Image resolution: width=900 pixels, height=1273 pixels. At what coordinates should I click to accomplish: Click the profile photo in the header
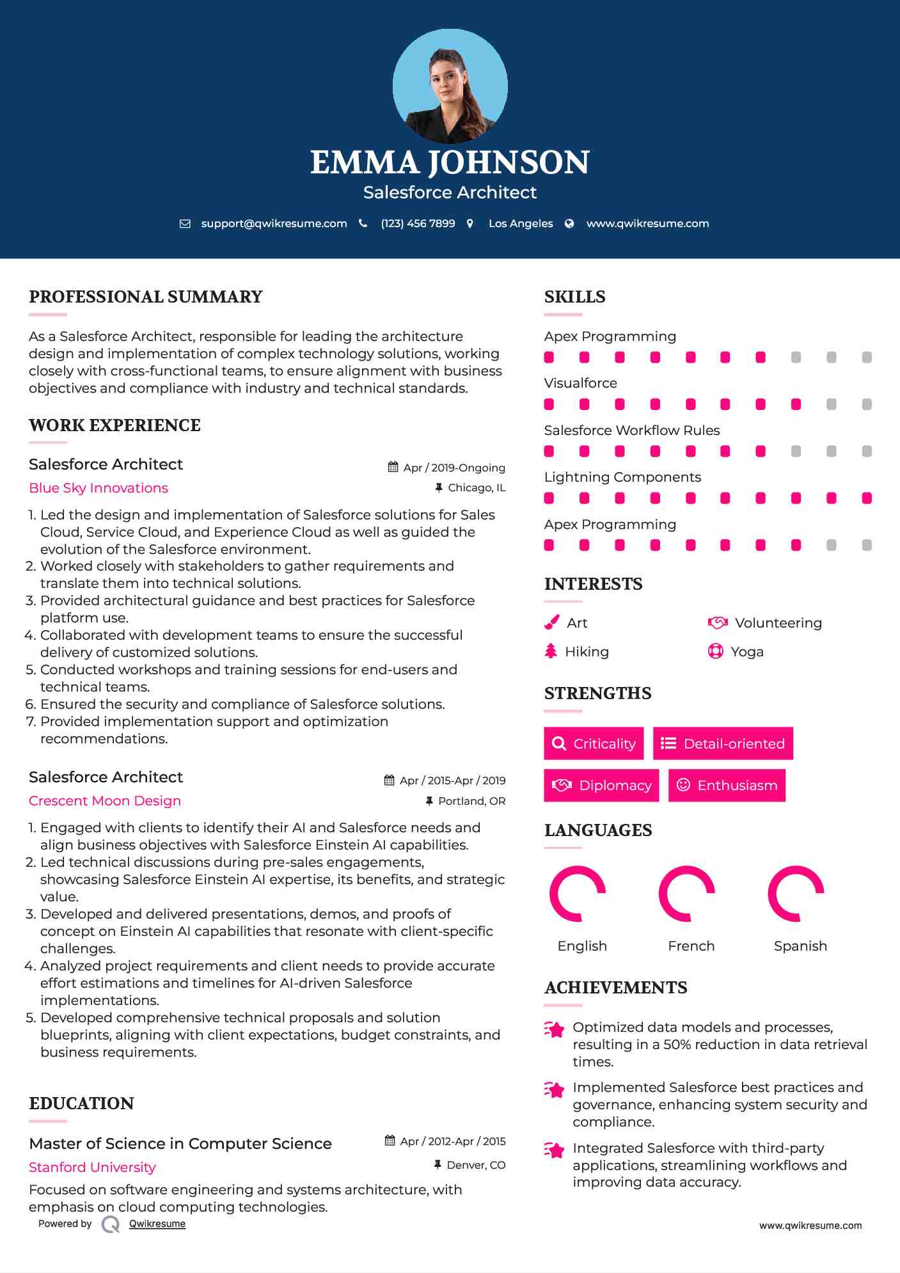pos(450,86)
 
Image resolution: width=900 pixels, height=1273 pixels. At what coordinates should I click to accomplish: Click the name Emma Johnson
pos(450,162)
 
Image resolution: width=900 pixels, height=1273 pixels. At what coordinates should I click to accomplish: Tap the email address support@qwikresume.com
pos(274,224)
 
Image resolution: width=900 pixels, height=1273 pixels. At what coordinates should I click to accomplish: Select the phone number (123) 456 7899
pos(418,224)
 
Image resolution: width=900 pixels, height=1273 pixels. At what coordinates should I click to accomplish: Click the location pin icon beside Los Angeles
pos(470,224)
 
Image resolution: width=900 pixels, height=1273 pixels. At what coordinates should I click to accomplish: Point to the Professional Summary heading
pos(146,297)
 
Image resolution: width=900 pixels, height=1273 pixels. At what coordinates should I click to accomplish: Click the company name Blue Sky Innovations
pos(99,488)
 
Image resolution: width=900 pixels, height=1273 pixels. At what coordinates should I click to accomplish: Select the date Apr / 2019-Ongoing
pos(454,468)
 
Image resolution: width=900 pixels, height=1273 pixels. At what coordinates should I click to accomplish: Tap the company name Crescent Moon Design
pos(105,801)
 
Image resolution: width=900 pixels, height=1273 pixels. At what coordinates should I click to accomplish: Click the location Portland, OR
pos(471,801)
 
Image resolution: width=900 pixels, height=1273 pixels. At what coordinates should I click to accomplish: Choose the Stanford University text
pos(92,1167)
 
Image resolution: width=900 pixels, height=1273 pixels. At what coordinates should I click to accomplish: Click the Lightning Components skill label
pos(622,477)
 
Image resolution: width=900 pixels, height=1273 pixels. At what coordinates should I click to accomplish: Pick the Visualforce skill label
pos(580,383)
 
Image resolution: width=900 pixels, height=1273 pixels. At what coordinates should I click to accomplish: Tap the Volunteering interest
pos(778,623)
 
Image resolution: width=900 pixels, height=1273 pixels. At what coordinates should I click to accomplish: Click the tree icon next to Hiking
pos(551,651)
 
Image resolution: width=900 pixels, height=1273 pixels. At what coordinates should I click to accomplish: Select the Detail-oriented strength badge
pos(723,743)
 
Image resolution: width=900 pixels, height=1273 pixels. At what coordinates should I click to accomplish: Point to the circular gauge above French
pos(686,894)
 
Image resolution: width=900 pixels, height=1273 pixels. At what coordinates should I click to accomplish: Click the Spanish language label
pos(800,946)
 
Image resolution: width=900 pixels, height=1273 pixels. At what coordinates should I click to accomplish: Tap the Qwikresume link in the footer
pos(157,1224)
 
